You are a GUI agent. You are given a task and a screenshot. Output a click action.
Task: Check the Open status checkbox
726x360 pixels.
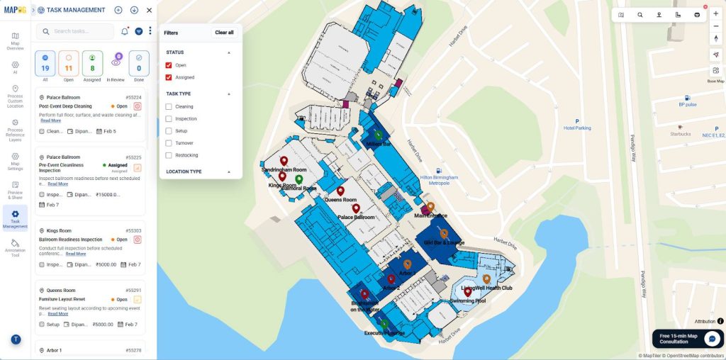(169, 65)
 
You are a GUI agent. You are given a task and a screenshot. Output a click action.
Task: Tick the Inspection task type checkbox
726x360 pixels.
(169, 119)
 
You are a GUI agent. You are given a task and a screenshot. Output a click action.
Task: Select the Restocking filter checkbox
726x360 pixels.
(169, 155)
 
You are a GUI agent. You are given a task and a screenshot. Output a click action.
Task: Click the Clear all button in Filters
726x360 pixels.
(224, 33)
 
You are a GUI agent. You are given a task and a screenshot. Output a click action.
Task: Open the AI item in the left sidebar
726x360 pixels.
(15, 67)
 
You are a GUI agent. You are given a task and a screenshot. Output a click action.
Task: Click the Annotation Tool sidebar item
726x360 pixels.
(15, 247)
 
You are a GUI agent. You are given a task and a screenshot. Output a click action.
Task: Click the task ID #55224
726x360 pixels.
(133, 98)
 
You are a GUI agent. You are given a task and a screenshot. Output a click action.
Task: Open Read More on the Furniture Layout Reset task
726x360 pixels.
(58, 313)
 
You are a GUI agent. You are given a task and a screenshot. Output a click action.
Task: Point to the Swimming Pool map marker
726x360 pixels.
(468, 292)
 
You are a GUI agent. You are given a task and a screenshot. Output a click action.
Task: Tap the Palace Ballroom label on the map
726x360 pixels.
(356, 217)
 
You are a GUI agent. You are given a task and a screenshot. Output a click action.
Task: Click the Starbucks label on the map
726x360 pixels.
(681, 134)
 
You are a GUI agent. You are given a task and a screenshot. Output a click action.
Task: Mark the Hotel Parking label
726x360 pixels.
(577, 128)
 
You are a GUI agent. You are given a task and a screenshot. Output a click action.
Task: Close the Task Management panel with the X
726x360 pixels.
(149, 11)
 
